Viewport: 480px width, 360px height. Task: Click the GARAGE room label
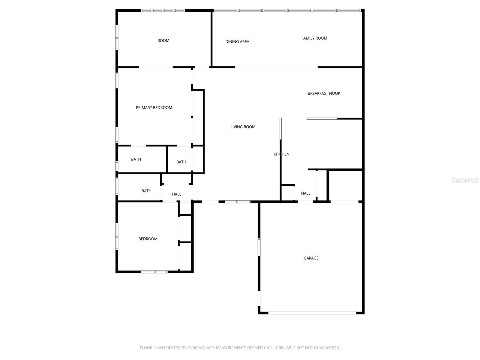[x=311, y=258]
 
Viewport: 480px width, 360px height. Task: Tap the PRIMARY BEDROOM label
[x=154, y=108]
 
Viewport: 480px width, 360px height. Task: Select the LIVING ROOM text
[x=243, y=127]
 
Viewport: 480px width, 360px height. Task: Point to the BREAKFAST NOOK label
[x=324, y=93]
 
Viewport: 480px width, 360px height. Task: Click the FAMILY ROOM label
[x=314, y=38]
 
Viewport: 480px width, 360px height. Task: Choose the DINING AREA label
[x=237, y=42]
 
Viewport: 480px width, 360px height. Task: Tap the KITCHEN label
[x=281, y=154]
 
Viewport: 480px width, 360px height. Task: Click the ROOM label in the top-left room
[x=163, y=40]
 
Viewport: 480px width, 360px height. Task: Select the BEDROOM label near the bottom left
[x=148, y=239]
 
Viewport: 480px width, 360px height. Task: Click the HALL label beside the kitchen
[x=306, y=193]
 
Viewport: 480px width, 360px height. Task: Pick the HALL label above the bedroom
[x=177, y=194]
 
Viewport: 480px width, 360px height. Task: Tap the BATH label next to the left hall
[x=146, y=191]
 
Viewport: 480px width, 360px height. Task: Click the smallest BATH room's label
[x=181, y=162]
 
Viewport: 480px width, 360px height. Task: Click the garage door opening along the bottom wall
[x=312, y=313]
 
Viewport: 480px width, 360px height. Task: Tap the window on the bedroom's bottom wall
[x=154, y=272]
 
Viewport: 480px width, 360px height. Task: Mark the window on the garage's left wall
[x=259, y=247]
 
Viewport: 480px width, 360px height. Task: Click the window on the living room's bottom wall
[x=238, y=202]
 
